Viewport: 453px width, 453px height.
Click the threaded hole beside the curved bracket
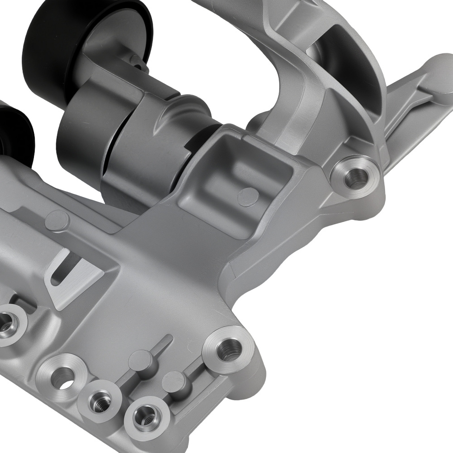coord(355,176)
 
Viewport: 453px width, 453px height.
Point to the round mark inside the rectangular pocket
coord(251,195)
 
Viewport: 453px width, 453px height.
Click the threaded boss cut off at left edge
coord(6,323)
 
